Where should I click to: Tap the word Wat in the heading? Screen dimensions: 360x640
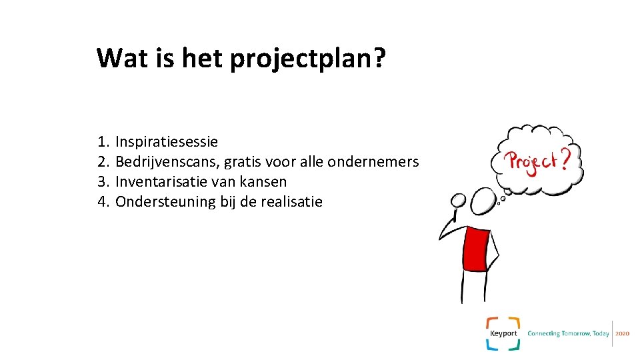121,58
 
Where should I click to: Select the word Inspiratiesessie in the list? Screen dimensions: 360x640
167,142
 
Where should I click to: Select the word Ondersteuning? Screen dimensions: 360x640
165,202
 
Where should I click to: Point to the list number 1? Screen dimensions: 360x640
102,142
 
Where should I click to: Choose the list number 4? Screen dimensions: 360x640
102,202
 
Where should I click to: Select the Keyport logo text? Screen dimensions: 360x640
503,333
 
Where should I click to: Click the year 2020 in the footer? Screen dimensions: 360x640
623,333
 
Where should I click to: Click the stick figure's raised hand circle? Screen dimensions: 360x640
458,200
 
